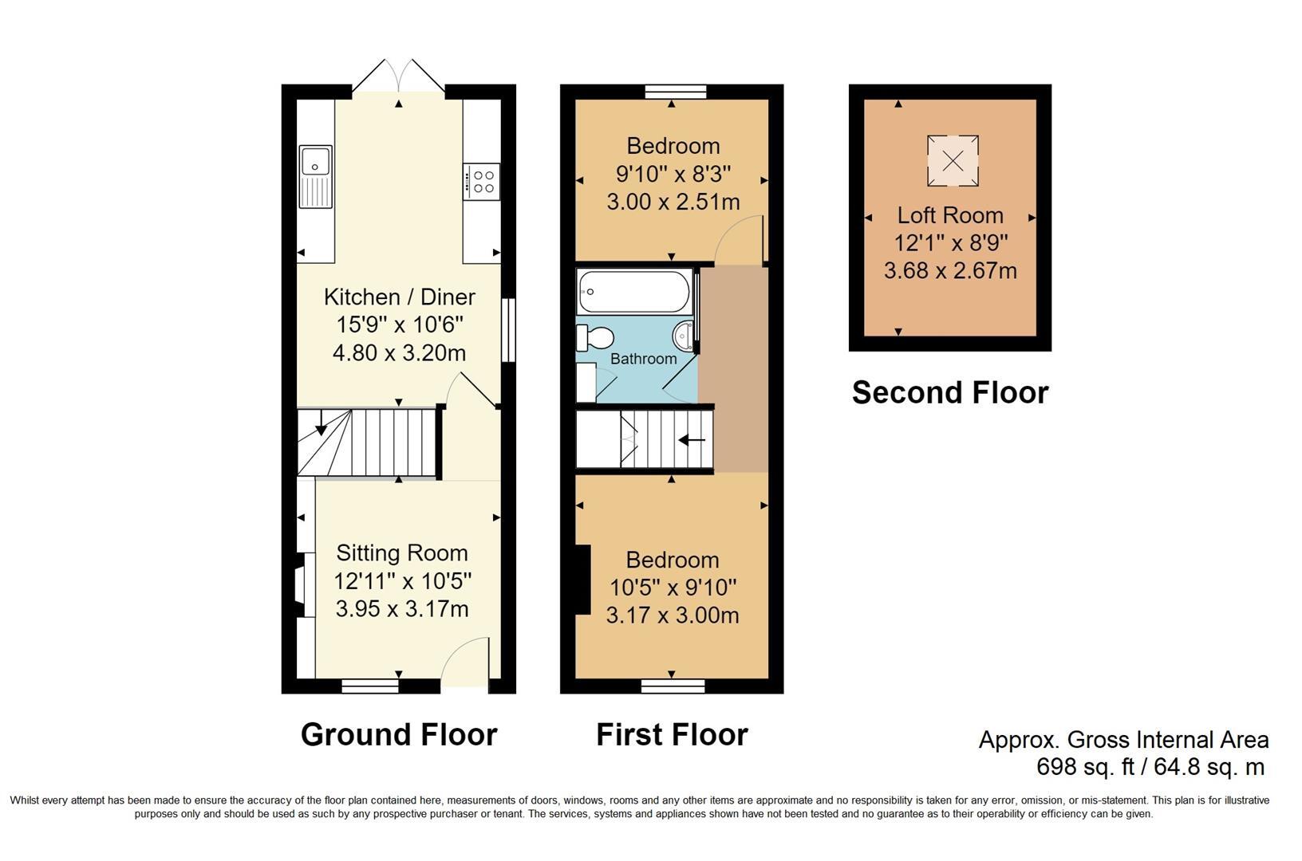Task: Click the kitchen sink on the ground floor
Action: point(316,176)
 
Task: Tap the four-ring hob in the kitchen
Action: point(482,182)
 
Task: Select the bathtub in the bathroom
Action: point(634,292)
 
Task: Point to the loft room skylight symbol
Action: point(953,161)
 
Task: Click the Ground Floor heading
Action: point(399,734)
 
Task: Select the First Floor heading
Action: point(672,734)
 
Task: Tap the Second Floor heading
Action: point(949,392)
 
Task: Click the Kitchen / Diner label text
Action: point(399,297)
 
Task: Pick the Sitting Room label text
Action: point(401,553)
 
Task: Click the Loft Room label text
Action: point(949,215)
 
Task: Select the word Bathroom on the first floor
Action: point(643,359)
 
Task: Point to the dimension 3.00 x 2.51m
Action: point(673,202)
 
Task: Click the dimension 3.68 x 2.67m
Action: point(949,271)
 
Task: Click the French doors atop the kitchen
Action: point(399,76)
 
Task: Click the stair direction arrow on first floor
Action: point(691,439)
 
